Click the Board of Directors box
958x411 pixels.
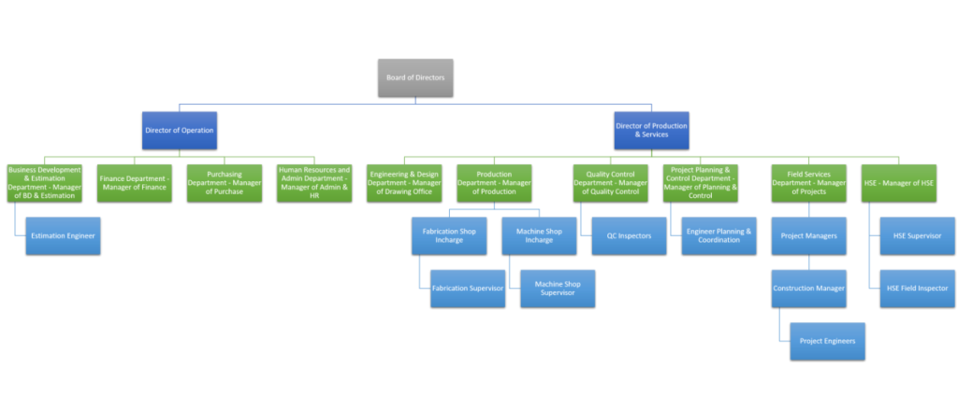click(415, 77)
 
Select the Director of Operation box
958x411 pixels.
click(180, 130)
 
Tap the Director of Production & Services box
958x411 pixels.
click(651, 130)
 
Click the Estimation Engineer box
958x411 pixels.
click(62, 235)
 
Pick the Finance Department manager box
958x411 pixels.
click(135, 183)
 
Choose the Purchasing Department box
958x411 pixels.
click(224, 183)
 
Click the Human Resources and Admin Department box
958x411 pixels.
click(313, 183)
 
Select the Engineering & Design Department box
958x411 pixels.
click(404, 183)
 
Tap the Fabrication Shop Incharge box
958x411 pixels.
click(449, 235)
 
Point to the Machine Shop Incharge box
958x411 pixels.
click(539, 235)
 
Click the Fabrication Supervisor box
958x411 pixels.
click(468, 288)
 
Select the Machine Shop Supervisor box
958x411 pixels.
click(558, 288)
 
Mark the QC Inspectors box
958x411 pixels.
click(629, 235)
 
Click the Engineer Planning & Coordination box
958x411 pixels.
click(718, 235)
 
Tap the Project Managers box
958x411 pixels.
click(808, 235)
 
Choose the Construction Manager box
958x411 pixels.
click(808, 288)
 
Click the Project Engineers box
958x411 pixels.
click(827, 341)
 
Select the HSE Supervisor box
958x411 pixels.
click(917, 235)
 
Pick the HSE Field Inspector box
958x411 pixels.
click(917, 288)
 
